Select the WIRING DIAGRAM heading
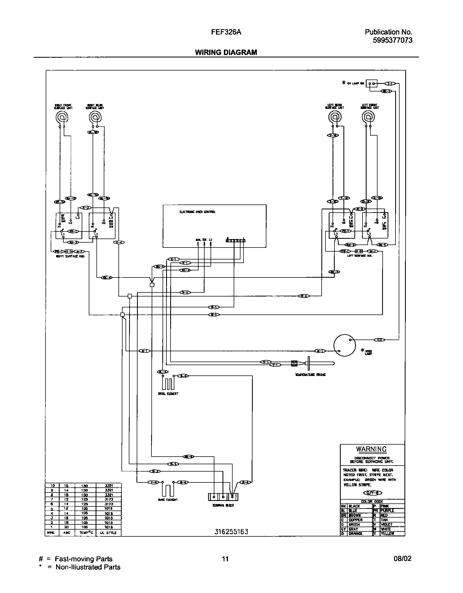(226, 53)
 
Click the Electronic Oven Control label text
(197, 212)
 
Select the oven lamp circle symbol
(345, 346)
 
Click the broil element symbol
(168, 384)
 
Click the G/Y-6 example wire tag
(373, 493)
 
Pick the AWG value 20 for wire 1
(66, 527)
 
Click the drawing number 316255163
(231, 532)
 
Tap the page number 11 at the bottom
(225, 559)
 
